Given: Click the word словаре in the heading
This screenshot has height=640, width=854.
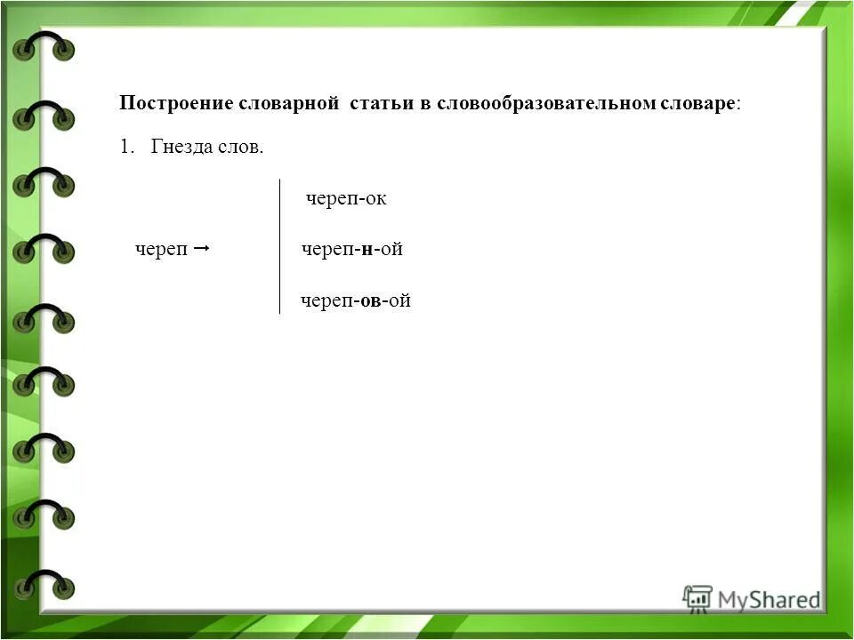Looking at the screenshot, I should pos(697,103).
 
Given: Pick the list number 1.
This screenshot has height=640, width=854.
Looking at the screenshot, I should pos(125,147).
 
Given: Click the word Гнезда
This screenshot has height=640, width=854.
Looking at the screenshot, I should pos(182,147).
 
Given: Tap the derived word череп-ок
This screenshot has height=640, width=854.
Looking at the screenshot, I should pos(346,198).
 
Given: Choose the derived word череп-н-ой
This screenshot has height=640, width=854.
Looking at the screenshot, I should pos(352,250).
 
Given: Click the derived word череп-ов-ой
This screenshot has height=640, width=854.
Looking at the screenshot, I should pos(356,301).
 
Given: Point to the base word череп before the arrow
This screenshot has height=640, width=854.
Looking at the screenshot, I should pos(161,250).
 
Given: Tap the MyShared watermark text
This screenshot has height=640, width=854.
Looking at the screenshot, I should pos(769,600).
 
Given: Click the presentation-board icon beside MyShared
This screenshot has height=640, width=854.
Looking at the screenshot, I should pos(697,597).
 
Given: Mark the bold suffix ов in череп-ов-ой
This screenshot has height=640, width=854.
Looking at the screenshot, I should pos(374,301).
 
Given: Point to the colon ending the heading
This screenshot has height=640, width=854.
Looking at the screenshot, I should pos(737,104).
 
